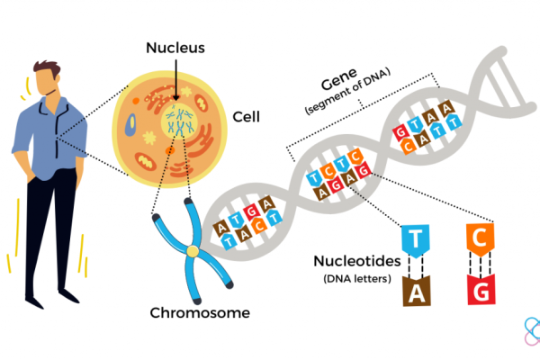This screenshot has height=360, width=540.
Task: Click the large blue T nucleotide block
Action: pos(415,238)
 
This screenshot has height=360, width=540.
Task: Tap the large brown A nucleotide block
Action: pos(415,292)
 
